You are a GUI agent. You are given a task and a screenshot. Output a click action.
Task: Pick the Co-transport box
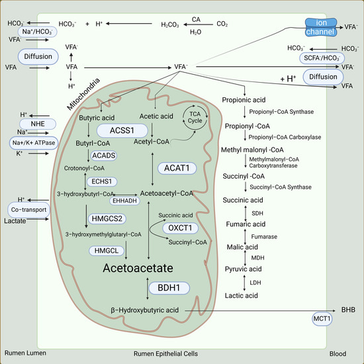pyautogui.click(x=28, y=208)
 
